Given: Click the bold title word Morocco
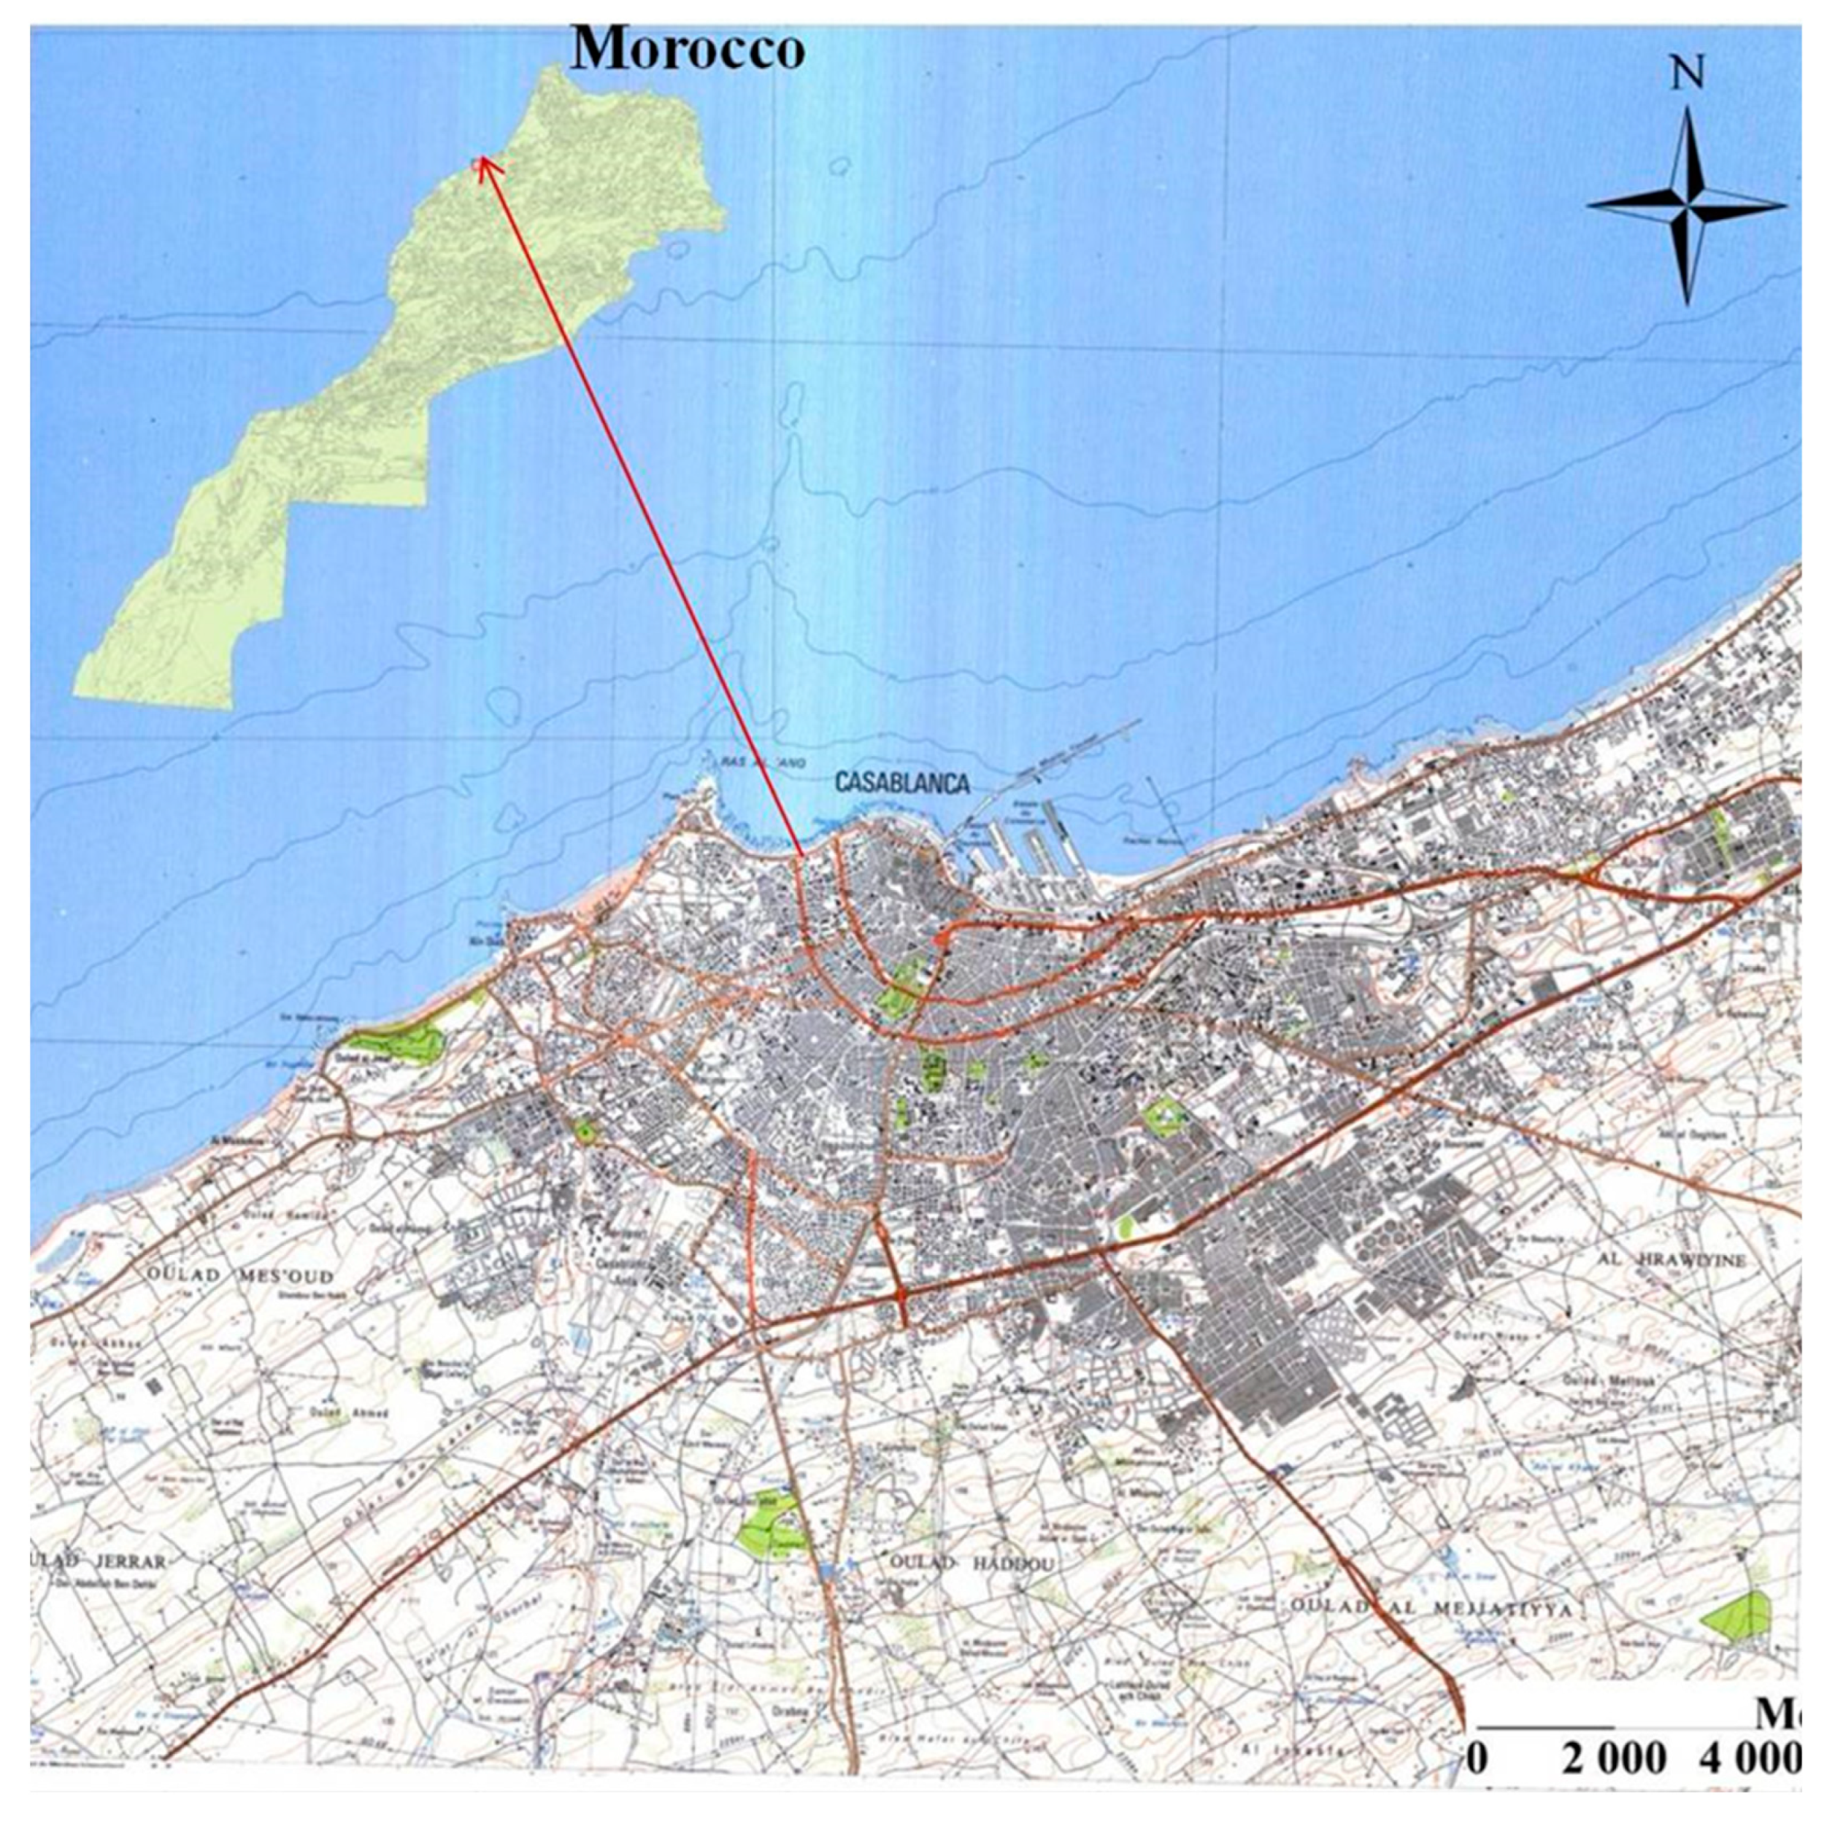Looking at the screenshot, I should (687, 48).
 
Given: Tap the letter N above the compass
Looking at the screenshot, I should (1687, 75).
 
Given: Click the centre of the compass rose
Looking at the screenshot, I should (1687, 204).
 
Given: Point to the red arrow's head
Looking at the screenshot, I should (480, 163).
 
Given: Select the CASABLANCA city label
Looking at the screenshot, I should (902, 784).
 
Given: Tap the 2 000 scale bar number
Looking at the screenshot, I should (1614, 1758).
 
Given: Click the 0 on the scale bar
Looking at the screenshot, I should (1479, 1758).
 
